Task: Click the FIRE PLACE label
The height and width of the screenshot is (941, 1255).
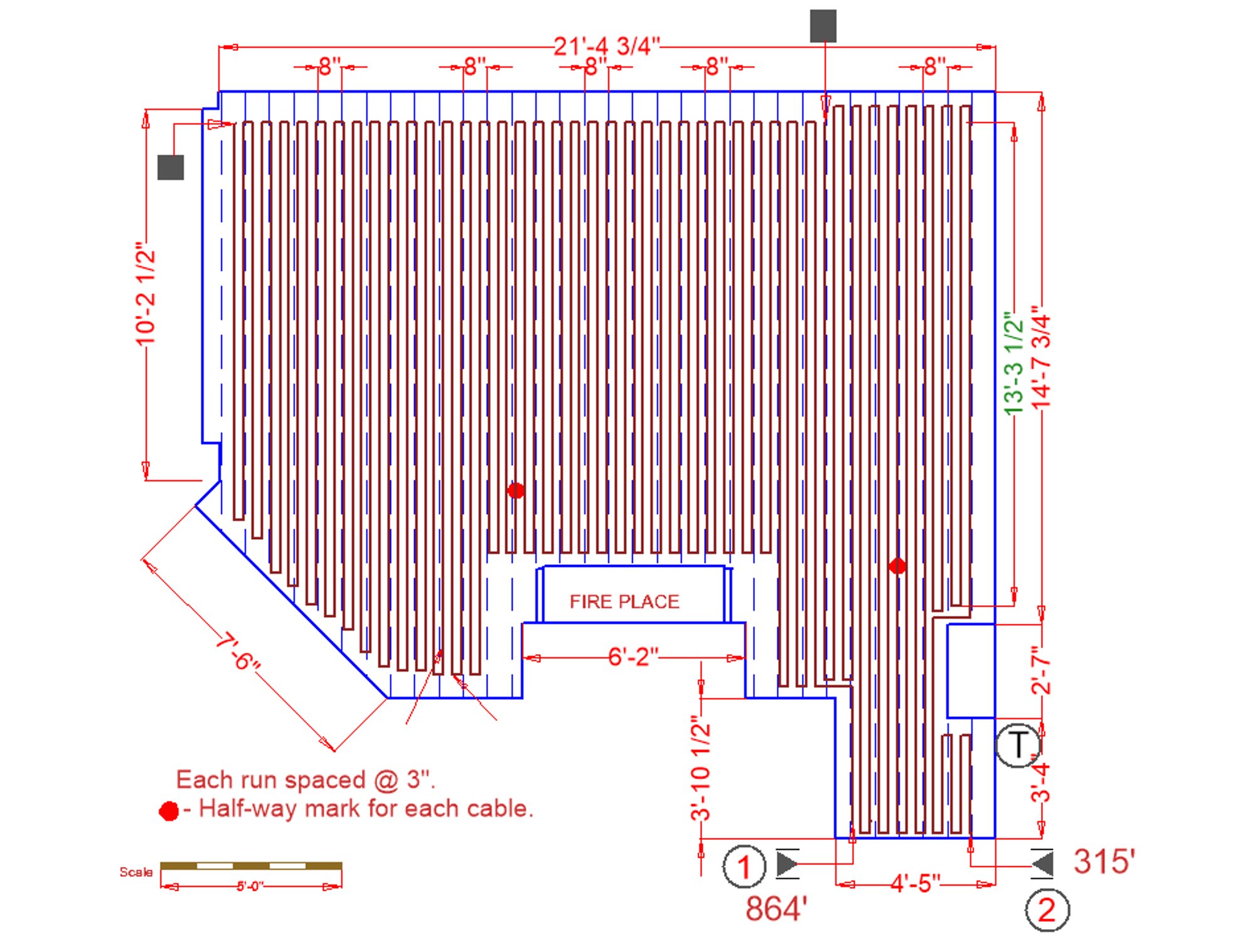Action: click(624, 601)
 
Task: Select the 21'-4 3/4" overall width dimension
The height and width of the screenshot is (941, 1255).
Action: click(607, 46)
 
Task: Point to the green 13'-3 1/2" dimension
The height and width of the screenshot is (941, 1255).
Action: click(1014, 363)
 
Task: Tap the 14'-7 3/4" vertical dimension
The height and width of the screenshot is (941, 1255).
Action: click(1041, 357)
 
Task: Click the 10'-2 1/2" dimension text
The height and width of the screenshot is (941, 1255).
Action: click(146, 294)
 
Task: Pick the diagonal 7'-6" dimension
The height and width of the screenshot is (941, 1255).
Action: click(237, 652)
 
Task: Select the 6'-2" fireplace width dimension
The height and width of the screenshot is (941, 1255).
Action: click(633, 657)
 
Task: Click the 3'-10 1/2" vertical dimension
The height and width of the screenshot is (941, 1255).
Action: click(700, 768)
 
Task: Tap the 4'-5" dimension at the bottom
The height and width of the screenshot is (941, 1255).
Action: click(916, 883)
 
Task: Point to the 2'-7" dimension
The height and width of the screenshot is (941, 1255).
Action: click(1041, 672)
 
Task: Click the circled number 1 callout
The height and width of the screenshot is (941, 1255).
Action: click(744, 866)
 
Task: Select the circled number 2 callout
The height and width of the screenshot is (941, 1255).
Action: click(1047, 910)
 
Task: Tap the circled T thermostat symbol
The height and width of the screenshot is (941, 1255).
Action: click(1018, 745)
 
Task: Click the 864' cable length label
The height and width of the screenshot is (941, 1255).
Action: click(776, 909)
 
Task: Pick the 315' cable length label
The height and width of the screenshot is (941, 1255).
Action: click(1104, 861)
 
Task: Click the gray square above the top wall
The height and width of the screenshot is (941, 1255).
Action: click(823, 26)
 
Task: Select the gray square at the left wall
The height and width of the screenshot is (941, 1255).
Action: click(171, 167)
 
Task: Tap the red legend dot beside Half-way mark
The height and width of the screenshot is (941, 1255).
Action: click(169, 811)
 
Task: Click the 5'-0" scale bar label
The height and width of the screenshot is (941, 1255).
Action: click(250, 886)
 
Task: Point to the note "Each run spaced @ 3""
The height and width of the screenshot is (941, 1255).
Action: click(306, 780)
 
